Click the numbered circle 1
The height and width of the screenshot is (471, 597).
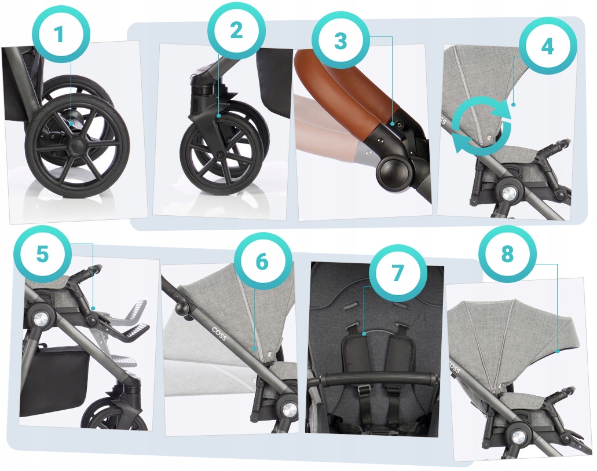point(59,34)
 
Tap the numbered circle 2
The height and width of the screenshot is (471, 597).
point(236,31)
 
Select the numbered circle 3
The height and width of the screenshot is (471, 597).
point(340,41)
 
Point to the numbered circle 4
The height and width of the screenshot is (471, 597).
point(547,46)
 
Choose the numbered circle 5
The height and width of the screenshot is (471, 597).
point(43,253)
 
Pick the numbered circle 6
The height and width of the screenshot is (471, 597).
point(262,262)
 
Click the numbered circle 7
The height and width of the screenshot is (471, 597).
point(398,273)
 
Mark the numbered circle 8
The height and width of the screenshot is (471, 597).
point(507,254)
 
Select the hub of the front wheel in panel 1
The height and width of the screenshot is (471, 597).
point(77,146)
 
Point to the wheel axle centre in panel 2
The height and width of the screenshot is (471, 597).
point(219,154)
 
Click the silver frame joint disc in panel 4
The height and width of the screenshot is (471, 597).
point(509,193)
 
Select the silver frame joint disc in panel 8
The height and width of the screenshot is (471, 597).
point(517,436)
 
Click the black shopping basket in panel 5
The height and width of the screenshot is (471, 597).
point(53,381)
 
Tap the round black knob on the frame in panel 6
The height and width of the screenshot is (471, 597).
point(182,307)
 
